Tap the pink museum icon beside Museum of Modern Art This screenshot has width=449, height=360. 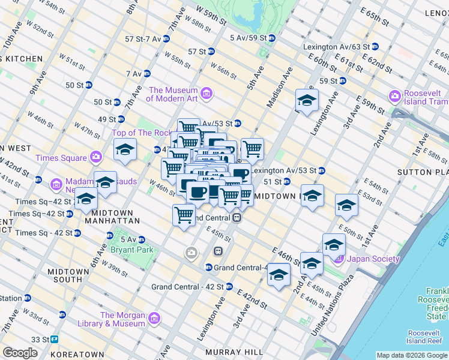(x=206, y=94)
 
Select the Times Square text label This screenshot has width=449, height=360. (x=61, y=158)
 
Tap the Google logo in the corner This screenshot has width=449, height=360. (x=20, y=352)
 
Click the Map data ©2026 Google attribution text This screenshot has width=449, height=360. (x=411, y=355)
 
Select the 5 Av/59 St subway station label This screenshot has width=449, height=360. (x=248, y=38)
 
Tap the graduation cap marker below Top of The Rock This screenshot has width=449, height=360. (x=125, y=150)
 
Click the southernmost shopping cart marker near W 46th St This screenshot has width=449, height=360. (x=184, y=215)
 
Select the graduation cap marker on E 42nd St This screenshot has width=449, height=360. (x=279, y=275)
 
